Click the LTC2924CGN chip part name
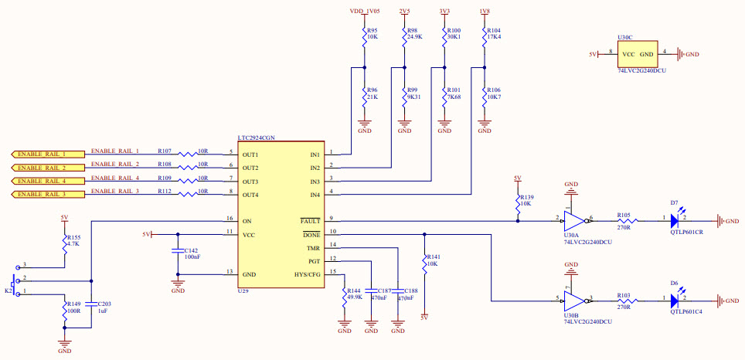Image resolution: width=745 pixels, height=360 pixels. pyautogui.click(x=256, y=137)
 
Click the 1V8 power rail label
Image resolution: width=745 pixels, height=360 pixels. pyautogui.click(x=484, y=12)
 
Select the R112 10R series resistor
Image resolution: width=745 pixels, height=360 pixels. pyautogui.click(x=189, y=195)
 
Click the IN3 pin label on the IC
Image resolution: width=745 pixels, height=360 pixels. pyautogui.click(x=315, y=181)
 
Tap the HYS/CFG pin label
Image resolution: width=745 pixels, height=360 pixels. pyautogui.click(x=307, y=274)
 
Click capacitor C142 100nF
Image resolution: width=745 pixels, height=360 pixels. pyautogui.click(x=178, y=255)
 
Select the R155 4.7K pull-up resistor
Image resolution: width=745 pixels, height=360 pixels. pyautogui.click(x=64, y=242)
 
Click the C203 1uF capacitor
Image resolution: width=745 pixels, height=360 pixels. pyautogui.click(x=91, y=309)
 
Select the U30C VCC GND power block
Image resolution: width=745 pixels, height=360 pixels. pyautogui.click(x=638, y=54)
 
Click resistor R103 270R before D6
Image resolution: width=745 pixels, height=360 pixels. pyautogui.click(x=623, y=301)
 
